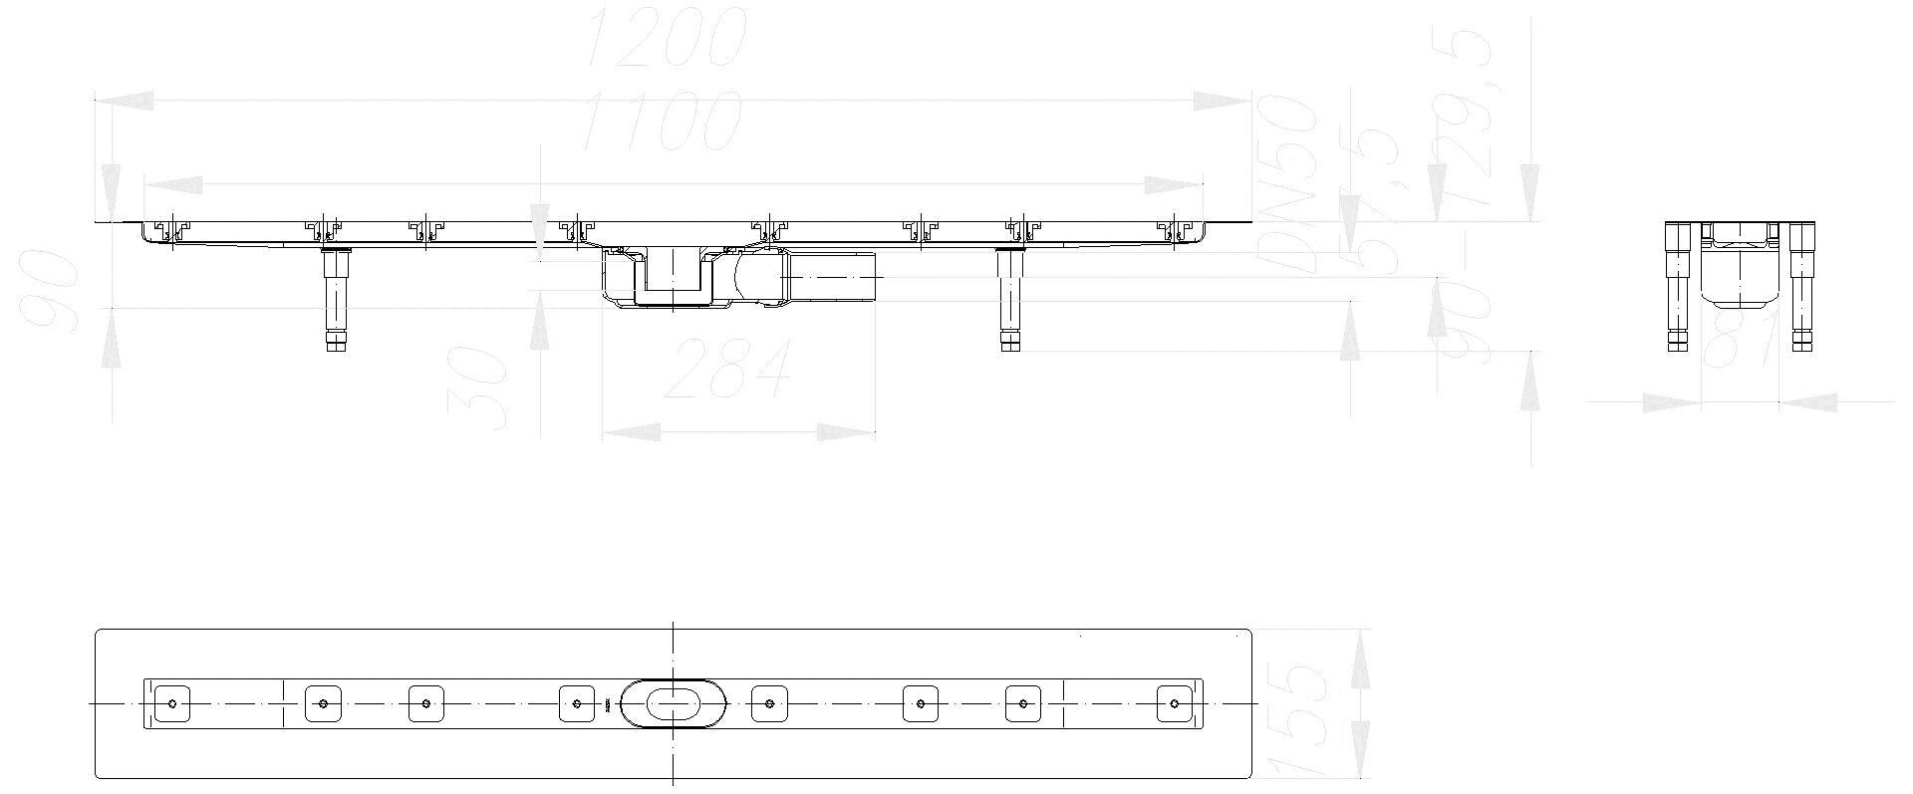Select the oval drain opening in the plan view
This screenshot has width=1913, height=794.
click(673, 703)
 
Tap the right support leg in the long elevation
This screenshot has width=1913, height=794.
click(1010, 299)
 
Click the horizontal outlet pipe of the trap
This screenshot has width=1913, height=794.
click(832, 274)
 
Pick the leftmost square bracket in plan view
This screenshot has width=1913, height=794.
click(173, 703)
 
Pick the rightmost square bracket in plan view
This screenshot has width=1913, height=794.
click(1174, 703)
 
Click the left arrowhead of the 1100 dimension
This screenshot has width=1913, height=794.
click(173, 184)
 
